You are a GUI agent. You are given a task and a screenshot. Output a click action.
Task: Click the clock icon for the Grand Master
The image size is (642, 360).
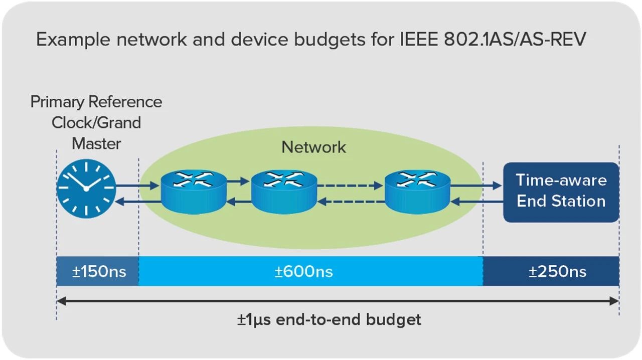pos(86,188)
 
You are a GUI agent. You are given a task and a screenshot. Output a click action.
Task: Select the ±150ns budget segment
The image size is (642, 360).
pos(98,271)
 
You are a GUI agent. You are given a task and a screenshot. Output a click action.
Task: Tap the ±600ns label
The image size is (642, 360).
pos(303,271)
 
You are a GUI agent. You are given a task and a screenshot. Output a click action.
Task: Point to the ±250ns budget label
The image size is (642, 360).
pos(557,271)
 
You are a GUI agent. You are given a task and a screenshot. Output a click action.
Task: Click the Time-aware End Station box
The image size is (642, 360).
pos(561,192)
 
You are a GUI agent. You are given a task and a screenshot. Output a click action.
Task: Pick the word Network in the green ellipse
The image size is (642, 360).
pos(313,147)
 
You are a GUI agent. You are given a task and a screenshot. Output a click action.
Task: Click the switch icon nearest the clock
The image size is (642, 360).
pos(194,190)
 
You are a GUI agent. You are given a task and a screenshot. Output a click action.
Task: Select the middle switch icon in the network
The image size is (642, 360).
pos(284,190)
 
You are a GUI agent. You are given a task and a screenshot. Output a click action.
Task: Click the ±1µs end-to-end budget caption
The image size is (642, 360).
pos(329,319)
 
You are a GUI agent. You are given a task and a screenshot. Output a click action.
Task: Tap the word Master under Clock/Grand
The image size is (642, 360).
pos(96,143)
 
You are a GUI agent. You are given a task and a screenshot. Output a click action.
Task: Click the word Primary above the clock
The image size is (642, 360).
pos(57,102)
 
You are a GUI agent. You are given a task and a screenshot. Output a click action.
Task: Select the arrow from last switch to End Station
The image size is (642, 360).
pos(475,186)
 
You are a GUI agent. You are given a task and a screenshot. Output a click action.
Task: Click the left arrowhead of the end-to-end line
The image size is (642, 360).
pos(60,301)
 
